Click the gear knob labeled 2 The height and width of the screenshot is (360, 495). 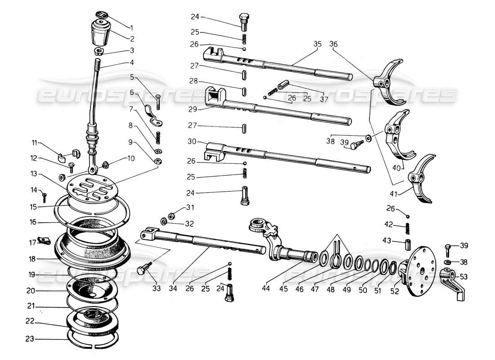pos(99,33)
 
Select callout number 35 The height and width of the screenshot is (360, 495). pos(318,44)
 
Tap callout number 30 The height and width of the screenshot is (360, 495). pos(192,141)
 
